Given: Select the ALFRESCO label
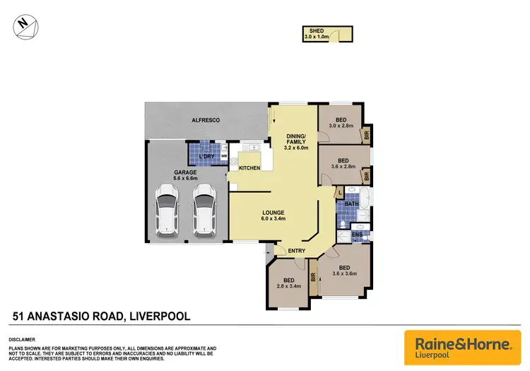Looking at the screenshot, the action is click(206, 121).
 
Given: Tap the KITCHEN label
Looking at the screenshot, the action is click(249, 168).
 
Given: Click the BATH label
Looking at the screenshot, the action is click(352, 204).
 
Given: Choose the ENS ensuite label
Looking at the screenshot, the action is click(358, 234).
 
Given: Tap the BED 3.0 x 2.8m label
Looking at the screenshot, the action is click(342, 122).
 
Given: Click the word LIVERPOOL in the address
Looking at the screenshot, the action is click(158, 317).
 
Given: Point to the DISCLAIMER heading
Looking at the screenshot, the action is click(23, 341).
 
